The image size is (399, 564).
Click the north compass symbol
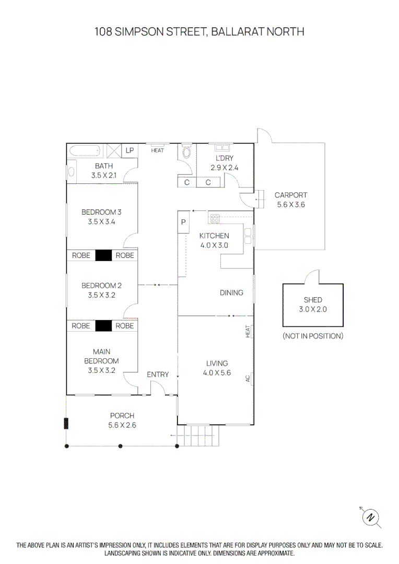click(x=371, y=518)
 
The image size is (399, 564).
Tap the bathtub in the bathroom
click(x=85, y=151)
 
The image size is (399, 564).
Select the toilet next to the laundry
click(x=187, y=151)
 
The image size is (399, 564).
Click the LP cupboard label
click(x=130, y=150)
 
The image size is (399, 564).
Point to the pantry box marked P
click(x=183, y=222)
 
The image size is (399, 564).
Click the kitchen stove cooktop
click(x=215, y=218)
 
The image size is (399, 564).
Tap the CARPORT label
click(x=291, y=195)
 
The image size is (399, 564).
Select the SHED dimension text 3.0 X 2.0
click(x=313, y=309)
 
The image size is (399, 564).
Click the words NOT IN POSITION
click(x=313, y=336)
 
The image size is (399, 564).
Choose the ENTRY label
click(x=158, y=374)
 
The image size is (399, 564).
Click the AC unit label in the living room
click(x=248, y=379)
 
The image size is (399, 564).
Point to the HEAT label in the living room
click(x=248, y=331)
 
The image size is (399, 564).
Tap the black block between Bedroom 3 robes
click(x=103, y=255)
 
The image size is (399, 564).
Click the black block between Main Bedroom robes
click(x=103, y=326)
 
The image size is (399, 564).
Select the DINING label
click(x=231, y=293)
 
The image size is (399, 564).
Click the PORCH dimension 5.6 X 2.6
click(x=122, y=425)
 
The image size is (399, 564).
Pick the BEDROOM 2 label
click(x=101, y=286)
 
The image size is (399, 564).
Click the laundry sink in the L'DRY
click(x=222, y=147)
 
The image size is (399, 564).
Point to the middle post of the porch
click(x=121, y=446)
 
